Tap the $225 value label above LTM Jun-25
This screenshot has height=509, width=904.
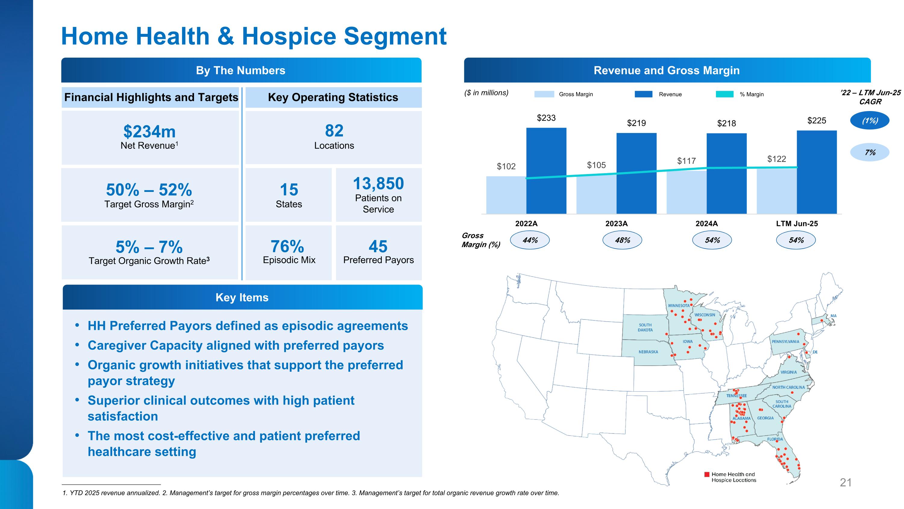click(817, 120)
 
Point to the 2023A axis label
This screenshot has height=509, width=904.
click(616, 223)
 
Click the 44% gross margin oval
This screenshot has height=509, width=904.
click(529, 240)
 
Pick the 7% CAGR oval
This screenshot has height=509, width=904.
click(870, 152)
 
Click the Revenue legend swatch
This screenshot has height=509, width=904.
click(643, 94)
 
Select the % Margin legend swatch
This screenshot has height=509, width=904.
click(724, 94)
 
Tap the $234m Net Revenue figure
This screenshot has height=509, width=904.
click(149, 132)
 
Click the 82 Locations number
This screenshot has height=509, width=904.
click(334, 131)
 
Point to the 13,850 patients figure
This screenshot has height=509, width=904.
click(378, 183)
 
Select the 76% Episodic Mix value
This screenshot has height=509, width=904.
click(287, 246)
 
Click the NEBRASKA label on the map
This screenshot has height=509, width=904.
click(648, 352)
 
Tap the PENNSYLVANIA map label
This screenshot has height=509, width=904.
click(785, 342)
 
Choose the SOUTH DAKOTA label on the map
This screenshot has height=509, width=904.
click(645, 327)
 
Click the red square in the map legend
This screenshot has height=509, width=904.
click(707, 475)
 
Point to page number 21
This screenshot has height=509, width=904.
click(846, 483)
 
